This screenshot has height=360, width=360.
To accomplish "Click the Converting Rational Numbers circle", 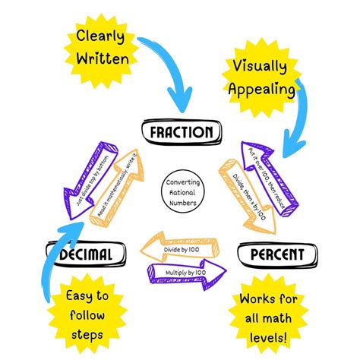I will pyautogui.click(x=180, y=191).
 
